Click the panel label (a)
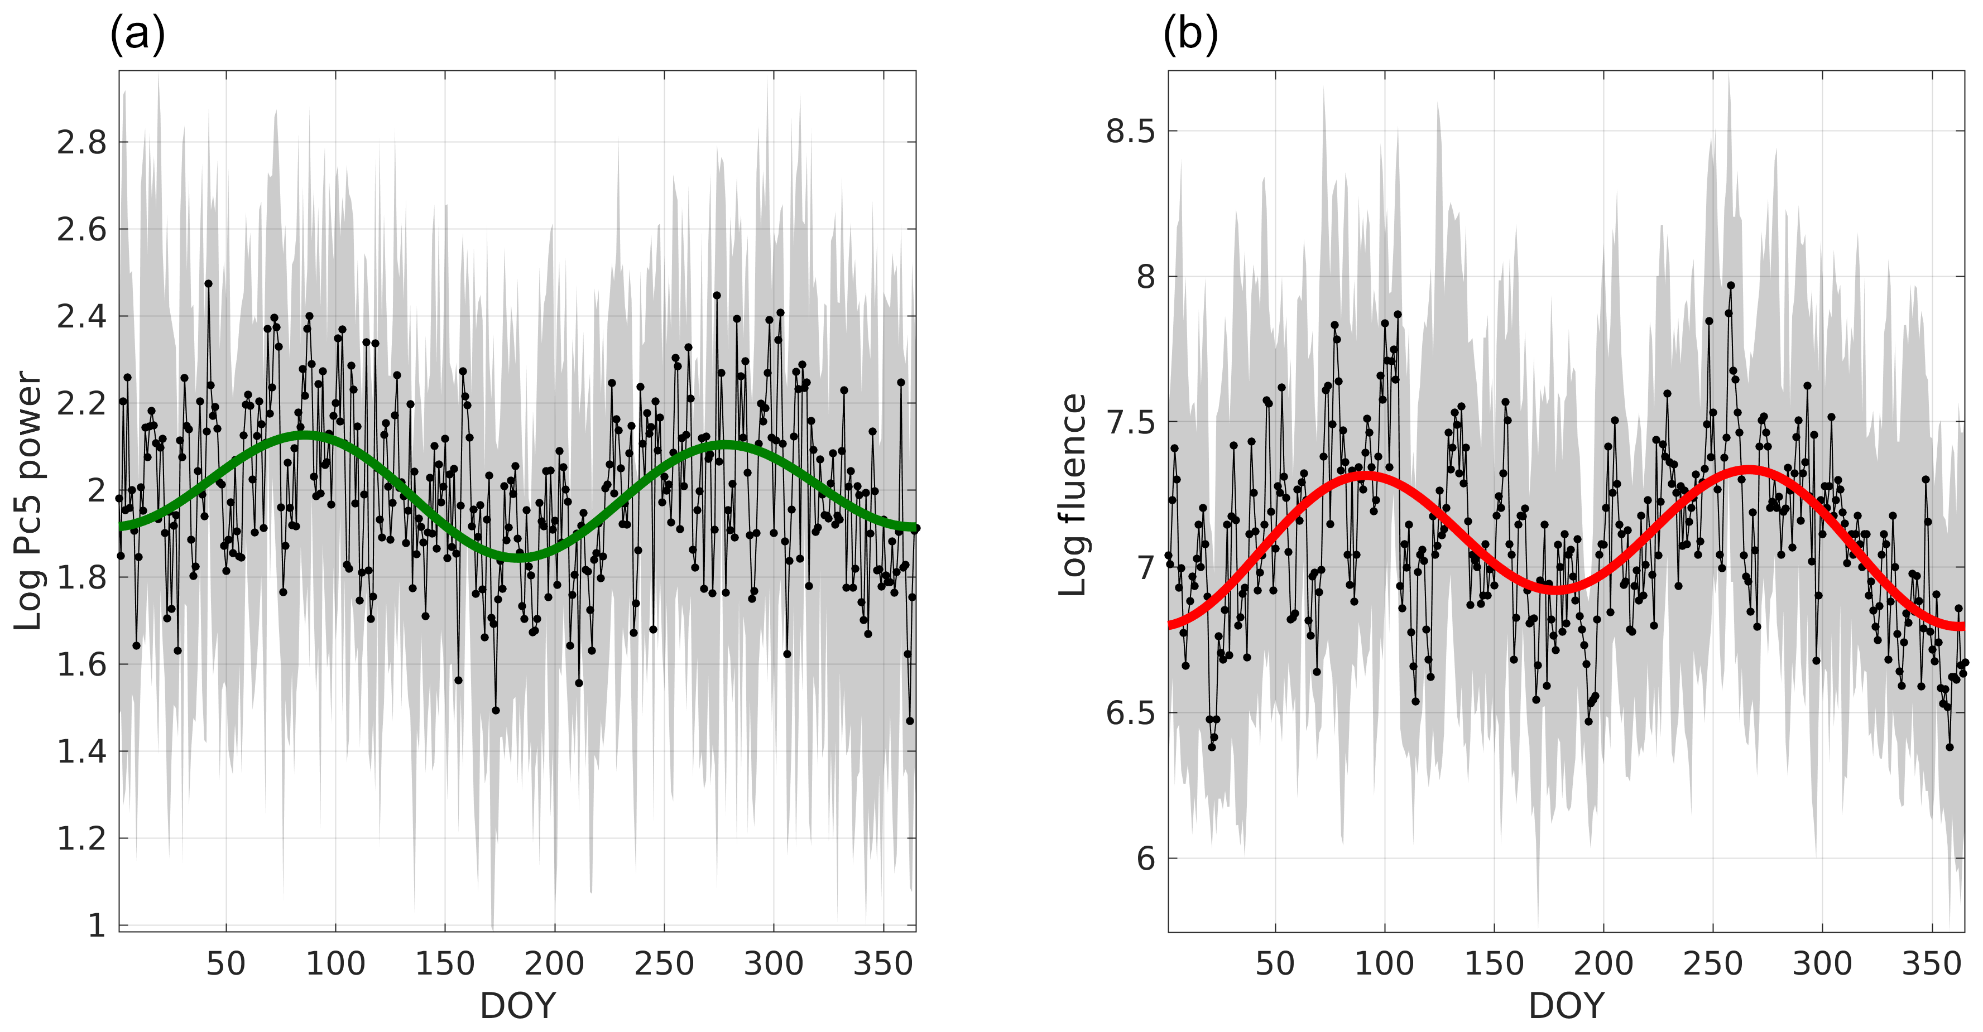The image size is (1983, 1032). tap(137, 35)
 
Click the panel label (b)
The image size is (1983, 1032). tap(1189, 35)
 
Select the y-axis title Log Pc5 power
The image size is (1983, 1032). tap(28, 500)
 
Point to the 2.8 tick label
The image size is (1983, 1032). tap(81, 142)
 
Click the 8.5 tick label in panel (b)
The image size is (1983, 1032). tap(1131, 131)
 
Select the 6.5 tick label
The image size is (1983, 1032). tap(1131, 712)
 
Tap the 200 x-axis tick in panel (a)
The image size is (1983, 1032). tap(554, 963)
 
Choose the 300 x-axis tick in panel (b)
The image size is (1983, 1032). tap(1822, 963)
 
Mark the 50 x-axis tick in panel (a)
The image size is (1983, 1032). tap(225, 963)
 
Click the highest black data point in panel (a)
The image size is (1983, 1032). tap(208, 283)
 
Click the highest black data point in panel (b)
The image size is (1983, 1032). tap(1731, 284)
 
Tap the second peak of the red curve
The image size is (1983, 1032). tap(1749, 470)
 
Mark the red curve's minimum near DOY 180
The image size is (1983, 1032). tap(1555, 590)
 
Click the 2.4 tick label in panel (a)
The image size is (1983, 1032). tap(81, 316)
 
